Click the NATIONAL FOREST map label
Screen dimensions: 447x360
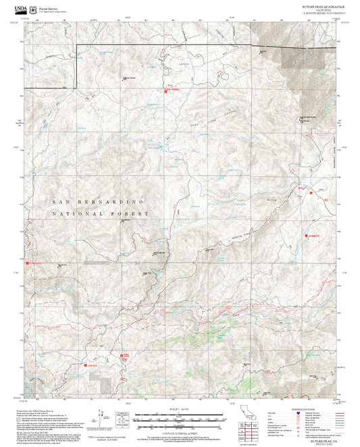click(x=100, y=213)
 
